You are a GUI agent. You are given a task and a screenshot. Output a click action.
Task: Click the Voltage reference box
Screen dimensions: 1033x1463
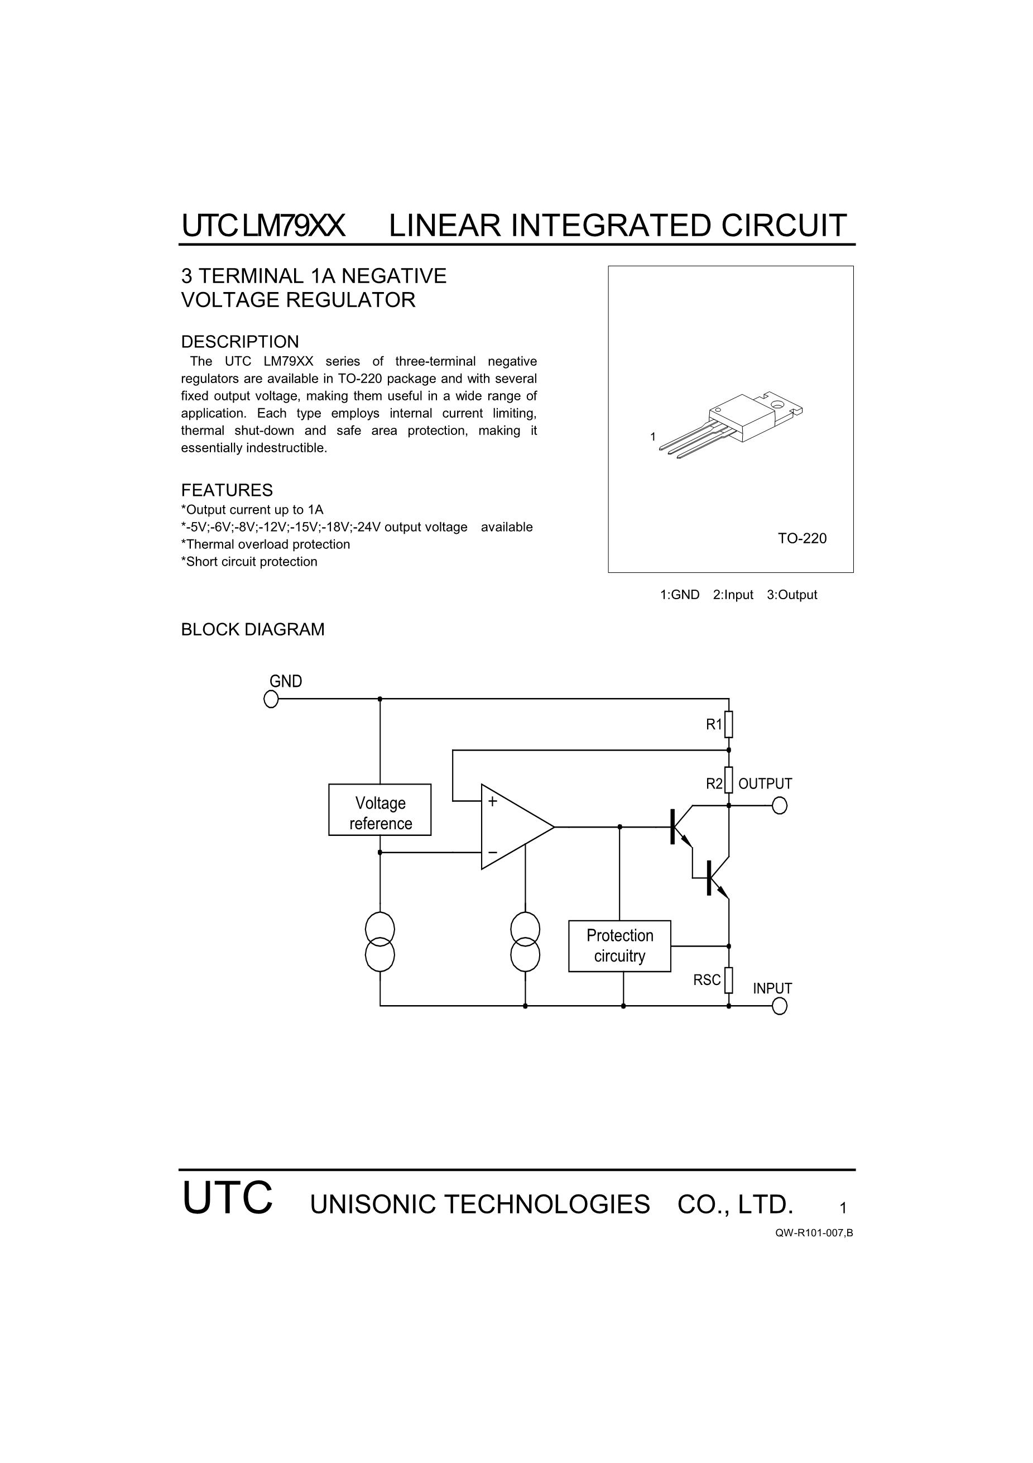pos(379,809)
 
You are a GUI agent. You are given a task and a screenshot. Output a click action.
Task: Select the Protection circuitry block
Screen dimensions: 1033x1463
pos(619,946)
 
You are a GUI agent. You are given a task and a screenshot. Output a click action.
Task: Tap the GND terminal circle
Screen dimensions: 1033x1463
pos(271,699)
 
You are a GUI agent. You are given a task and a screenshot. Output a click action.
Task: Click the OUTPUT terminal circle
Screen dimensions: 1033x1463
pos(780,806)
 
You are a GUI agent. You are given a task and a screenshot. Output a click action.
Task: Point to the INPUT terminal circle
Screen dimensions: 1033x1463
pos(780,1006)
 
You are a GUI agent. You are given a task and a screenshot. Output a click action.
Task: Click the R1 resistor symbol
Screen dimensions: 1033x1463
pos(729,724)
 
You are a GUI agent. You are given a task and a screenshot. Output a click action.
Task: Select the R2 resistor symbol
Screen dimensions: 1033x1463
pos(729,780)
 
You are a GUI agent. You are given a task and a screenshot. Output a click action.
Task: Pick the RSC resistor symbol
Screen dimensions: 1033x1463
pos(729,980)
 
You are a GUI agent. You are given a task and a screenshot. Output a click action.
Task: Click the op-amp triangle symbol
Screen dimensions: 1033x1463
pos(517,826)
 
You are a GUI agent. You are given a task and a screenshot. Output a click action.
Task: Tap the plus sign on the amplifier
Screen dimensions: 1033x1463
pos(492,802)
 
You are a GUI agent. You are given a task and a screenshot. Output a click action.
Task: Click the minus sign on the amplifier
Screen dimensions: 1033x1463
pos(492,852)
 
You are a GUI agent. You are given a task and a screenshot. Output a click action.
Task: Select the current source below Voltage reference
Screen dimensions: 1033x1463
pos(380,942)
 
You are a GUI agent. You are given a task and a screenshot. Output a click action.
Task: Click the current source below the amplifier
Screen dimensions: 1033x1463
pos(525,942)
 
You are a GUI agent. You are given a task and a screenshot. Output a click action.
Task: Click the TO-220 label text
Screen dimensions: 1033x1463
pos(802,538)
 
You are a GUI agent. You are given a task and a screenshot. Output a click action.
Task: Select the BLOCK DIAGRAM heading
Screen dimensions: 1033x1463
pos(253,629)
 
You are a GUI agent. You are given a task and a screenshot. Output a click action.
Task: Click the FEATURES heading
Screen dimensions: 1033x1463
pos(227,490)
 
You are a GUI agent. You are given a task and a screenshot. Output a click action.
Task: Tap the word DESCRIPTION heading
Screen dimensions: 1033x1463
pos(240,342)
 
